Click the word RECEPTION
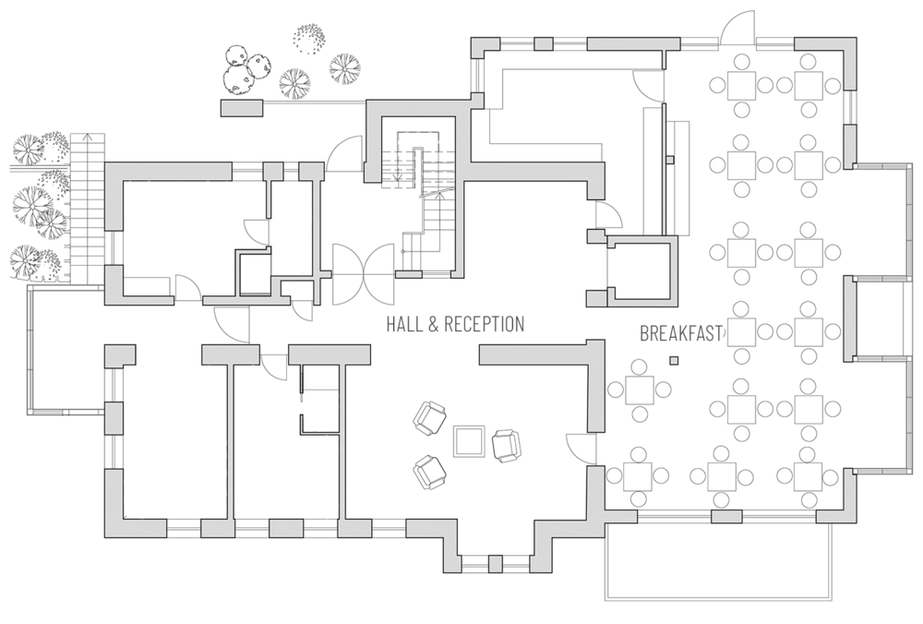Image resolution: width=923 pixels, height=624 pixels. pyautogui.click(x=484, y=324)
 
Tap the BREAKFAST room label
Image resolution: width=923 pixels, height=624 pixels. pyautogui.click(x=681, y=334)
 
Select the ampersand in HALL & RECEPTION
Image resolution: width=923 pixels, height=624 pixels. pyautogui.click(x=433, y=324)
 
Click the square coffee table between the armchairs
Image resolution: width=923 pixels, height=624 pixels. pyautogui.click(x=469, y=441)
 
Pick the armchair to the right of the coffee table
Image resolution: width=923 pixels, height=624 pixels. pyautogui.click(x=506, y=446)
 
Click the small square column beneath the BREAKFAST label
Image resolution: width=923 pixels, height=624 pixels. pyautogui.click(x=674, y=360)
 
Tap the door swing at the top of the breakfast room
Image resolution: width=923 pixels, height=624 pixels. pyautogui.click(x=737, y=27)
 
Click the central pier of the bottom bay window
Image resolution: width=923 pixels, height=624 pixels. pyautogui.click(x=496, y=564)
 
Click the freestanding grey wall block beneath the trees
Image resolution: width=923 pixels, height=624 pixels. pyautogui.click(x=242, y=108)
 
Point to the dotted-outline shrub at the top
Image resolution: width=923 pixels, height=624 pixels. pyautogui.click(x=309, y=39)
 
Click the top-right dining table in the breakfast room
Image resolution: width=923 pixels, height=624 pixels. pyautogui.click(x=809, y=85)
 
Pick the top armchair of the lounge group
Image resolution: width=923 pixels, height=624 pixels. pyautogui.click(x=429, y=418)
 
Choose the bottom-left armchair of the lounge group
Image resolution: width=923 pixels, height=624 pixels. pyautogui.click(x=429, y=473)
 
